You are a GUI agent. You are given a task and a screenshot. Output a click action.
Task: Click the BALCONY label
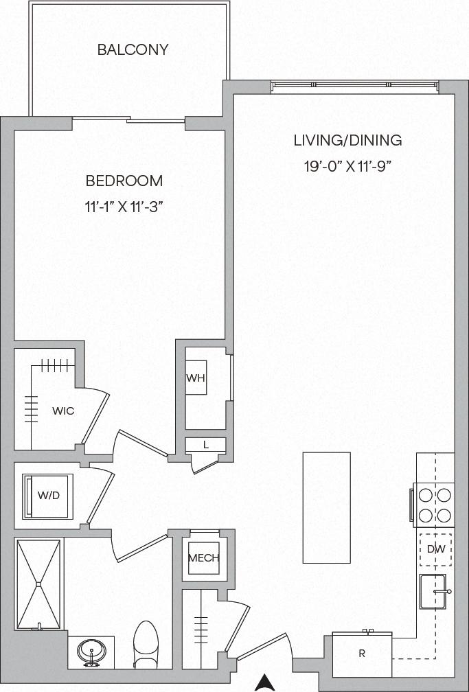pyautogui.click(x=133, y=50)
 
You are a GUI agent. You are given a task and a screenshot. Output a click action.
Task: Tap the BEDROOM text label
pyautogui.click(x=124, y=181)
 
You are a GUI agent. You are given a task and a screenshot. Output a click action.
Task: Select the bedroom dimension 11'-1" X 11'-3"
pyautogui.click(x=124, y=205)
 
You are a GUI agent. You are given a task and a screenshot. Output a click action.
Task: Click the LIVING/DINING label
pyautogui.click(x=347, y=141)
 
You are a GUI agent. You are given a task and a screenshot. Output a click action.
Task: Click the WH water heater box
pyautogui.click(x=196, y=378)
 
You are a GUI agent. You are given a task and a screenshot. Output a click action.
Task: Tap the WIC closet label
pyautogui.click(x=63, y=411)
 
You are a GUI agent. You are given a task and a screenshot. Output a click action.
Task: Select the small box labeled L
pyautogui.click(x=205, y=445)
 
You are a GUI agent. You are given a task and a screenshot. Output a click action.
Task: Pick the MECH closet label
pyautogui.click(x=203, y=557)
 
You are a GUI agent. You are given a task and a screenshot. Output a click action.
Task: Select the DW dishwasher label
pyautogui.click(x=435, y=549)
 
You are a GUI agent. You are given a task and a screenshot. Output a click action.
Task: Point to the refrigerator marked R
pyautogui.click(x=362, y=654)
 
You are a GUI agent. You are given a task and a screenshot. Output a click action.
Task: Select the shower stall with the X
pyautogui.click(x=39, y=584)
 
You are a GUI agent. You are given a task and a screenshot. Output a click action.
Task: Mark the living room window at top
pyautogui.click(x=354, y=86)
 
